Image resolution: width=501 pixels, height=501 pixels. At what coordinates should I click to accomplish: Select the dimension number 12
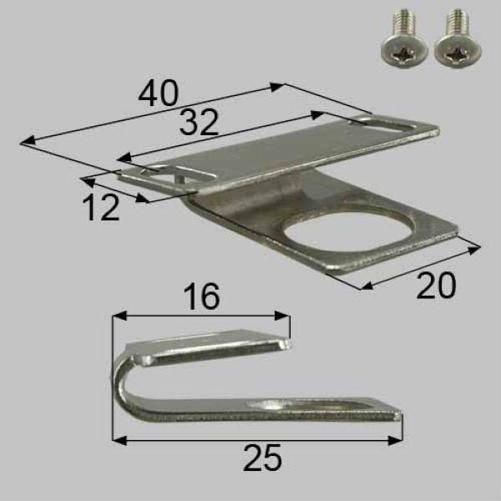pos(102,208)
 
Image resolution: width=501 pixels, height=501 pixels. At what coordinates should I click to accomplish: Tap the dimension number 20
pos(436,286)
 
